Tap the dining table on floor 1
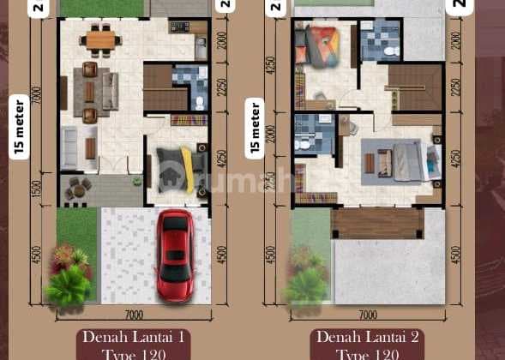tap(100, 39)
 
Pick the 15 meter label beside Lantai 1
tap(18, 127)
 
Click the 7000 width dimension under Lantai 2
tap(367, 315)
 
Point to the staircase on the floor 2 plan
tap(414, 87)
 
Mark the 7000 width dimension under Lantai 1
tap(132, 315)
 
